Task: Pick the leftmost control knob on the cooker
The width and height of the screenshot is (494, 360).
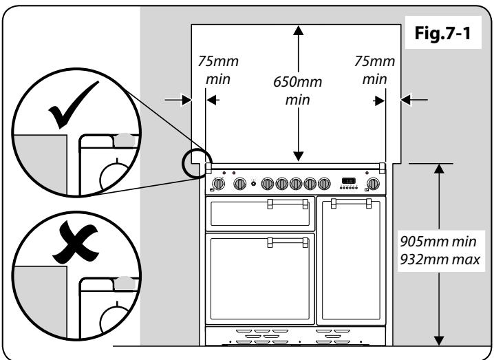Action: coord(219,184)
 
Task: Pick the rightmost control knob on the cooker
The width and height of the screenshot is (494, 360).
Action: coord(374,183)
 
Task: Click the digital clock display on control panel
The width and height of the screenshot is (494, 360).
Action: coord(349,182)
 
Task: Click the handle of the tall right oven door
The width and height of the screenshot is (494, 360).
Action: coord(350,203)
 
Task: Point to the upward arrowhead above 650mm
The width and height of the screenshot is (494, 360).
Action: coord(298,31)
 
